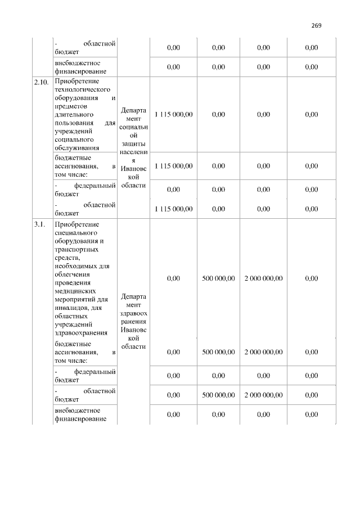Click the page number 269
pos(316,25)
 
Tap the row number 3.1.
pos(39,224)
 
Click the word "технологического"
pos(82,89)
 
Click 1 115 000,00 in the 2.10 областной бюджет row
pos(174,209)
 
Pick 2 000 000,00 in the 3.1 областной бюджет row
pos(264,395)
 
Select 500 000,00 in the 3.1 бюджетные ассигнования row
pos(218,352)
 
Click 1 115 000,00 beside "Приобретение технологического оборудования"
pos(174,114)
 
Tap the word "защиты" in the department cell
pos(134,145)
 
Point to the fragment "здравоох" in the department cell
pos(134,313)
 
